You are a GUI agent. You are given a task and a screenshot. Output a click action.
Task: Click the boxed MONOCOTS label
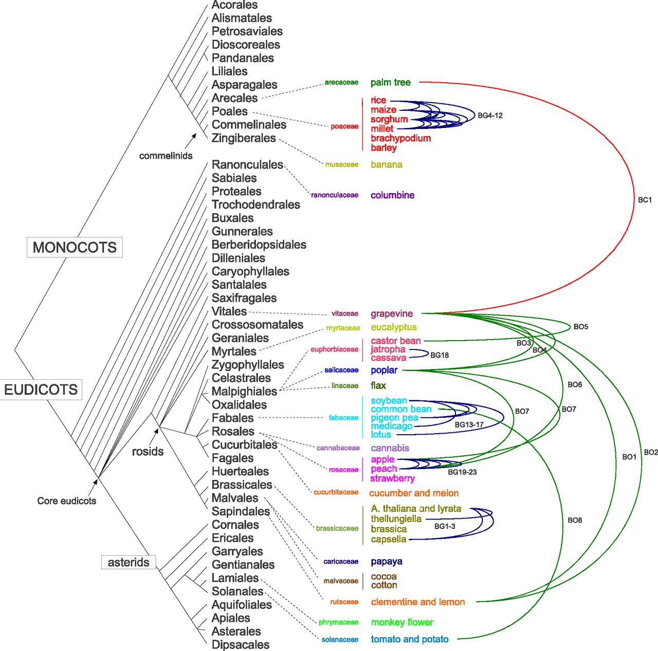coord(75,248)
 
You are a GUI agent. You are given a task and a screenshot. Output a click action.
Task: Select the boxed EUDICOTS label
coord(41,390)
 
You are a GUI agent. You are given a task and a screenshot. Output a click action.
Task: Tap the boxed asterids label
coord(129,562)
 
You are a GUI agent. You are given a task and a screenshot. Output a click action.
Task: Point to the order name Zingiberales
coord(244,138)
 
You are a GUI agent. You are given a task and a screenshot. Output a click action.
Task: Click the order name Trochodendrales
coord(256,204)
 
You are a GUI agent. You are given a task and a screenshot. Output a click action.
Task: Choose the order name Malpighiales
coord(244,392)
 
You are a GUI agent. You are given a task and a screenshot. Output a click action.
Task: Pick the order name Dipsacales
coord(241,645)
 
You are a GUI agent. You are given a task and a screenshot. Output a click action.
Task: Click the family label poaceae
coord(344,126)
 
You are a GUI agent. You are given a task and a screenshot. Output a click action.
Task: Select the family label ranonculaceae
coord(335,195)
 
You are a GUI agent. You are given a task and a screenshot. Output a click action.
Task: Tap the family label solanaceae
coord(340,640)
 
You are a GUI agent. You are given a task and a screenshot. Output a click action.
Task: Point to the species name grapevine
coord(392,314)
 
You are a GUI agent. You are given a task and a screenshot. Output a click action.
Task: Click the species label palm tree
coord(391,83)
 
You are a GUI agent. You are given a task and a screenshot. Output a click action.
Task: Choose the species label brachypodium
coord(400,138)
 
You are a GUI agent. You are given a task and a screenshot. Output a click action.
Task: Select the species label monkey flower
coord(402,622)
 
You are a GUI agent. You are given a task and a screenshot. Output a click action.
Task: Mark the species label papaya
coord(387,562)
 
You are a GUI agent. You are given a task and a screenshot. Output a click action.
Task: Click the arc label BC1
coord(645,200)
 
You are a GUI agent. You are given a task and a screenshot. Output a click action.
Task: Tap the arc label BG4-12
coord(490,116)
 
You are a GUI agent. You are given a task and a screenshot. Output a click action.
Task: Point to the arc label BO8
coord(575,520)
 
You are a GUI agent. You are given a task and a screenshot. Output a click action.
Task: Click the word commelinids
coord(166,156)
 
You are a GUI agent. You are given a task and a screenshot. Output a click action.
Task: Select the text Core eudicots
coord(67,501)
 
